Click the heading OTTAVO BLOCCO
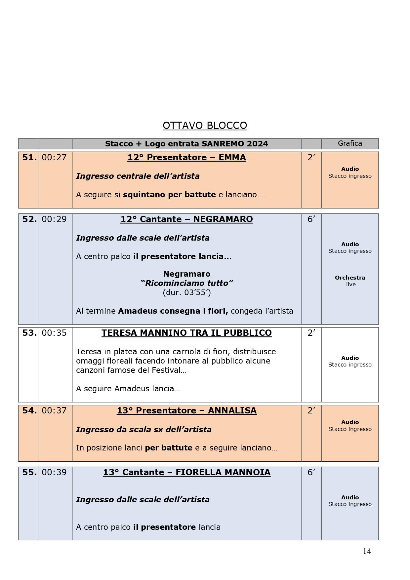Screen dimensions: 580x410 coord(205,126)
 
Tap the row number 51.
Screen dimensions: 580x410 coord(29,158)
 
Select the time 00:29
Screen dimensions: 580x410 coord(54,219)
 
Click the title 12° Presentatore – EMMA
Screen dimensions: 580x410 coord(186,158)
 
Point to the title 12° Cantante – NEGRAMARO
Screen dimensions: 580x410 coord(186,219)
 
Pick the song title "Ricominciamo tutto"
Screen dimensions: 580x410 coord(187,283)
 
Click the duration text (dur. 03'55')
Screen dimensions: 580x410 coord(187,292)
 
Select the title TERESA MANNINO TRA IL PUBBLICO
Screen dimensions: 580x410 coord(186,333)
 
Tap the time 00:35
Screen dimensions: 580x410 coord(54,333)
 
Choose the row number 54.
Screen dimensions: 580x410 coord(29,410)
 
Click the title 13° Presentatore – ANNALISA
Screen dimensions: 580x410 coord(186,410)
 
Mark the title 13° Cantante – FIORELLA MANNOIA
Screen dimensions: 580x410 coord(186,472)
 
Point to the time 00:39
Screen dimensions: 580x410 coord(54,473)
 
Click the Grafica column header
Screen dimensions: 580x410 coord(350,143)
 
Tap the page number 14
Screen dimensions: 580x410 coord(367,551)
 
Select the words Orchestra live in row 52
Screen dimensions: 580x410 coord(350,281)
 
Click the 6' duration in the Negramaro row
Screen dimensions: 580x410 coord(311,219)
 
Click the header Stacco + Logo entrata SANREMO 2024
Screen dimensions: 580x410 coord(186,144)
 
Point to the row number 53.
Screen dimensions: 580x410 coord(29,333)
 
